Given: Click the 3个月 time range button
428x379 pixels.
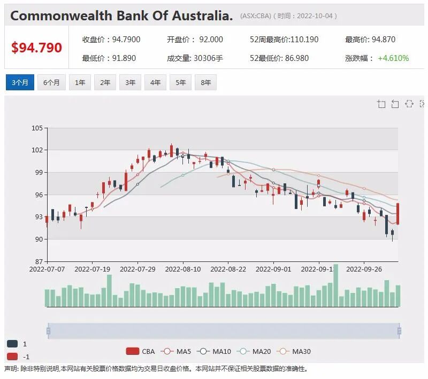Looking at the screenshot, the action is pos(20,82).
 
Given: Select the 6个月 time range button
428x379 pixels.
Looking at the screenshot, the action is pos(51,82).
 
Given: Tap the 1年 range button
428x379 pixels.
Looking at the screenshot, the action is pos(80,82).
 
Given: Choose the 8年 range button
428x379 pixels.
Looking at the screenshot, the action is pos(206,82).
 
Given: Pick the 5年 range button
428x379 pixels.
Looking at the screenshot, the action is pos(181,82).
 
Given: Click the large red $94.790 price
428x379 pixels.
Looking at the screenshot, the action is pos(36,48).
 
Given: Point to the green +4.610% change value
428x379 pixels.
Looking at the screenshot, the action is pos(393,58).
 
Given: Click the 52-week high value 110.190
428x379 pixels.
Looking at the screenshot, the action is pos(304,40).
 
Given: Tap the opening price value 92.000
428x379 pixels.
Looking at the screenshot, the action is pos(211,40).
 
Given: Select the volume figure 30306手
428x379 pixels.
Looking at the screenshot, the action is pos(208,58).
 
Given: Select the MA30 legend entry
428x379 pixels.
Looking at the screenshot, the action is pos(293,351).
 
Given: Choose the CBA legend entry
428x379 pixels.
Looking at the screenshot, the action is pos(140,351).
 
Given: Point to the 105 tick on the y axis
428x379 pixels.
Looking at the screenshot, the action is pos(37,128).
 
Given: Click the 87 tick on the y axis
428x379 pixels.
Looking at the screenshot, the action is pos(39,261).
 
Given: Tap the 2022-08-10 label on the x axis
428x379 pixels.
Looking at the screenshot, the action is pos(183,269).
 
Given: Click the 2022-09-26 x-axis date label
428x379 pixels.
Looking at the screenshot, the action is pos(364,269).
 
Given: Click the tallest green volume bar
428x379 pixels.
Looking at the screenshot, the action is pos(336,285).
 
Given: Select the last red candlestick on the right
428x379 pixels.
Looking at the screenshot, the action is pos(398,214).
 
